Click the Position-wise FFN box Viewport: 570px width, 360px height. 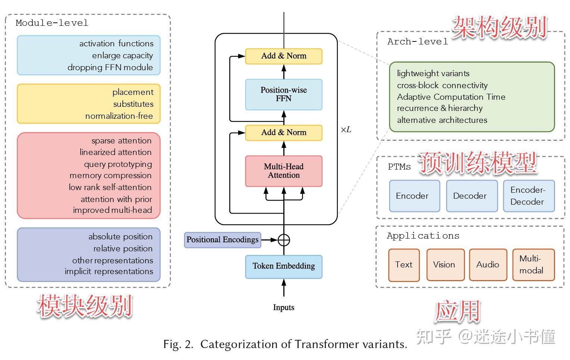point(284,94)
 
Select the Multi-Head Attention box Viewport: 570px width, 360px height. point(284,171)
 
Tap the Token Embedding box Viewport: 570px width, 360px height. point(284,266)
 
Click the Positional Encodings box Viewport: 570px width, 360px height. point(222,240)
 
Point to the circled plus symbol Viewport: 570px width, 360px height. point(284,240)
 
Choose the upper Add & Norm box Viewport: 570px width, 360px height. point(284,56)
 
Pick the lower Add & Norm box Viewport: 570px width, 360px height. point(284,133)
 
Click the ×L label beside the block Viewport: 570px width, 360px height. point(346,130)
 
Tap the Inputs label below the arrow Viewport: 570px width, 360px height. point(284,307)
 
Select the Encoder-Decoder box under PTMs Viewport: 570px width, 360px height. point(529,196)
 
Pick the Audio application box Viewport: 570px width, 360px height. point(488,265)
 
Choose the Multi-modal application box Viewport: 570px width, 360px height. point(533,265)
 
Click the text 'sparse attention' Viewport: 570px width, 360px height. point(122,141)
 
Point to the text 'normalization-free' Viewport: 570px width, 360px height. point(119,116)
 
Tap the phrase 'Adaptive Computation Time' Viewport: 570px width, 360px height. point(451,97)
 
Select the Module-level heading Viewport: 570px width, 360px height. point(52,23)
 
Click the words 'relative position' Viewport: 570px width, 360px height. point(123,249)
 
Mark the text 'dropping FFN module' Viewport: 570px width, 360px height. point(110,68)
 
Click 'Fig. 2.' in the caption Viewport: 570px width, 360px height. point(178,344)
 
